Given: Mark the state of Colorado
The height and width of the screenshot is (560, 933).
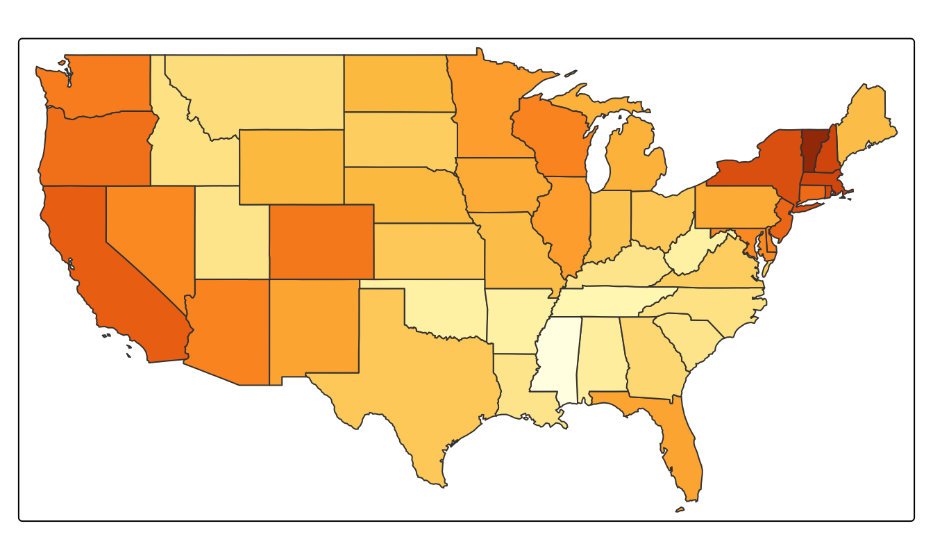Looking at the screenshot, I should coord(321,241).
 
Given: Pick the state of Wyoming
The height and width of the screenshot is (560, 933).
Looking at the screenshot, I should coord(291,167).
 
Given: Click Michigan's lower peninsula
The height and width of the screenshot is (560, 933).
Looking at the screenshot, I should coord(635,156).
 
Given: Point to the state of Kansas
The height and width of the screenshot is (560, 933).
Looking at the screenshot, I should coord(427,250).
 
